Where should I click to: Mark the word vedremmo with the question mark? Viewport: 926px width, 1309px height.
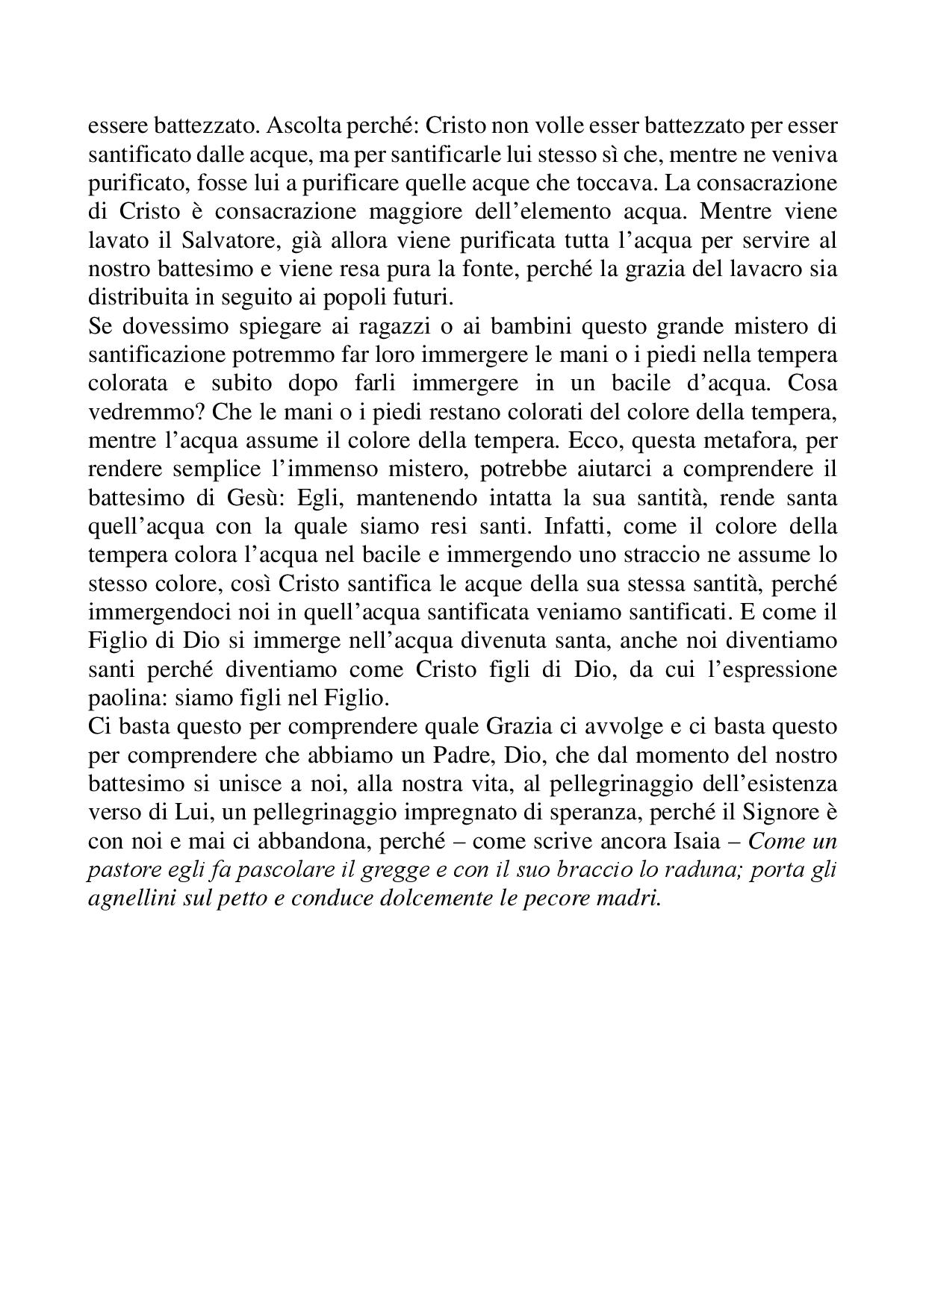point(142,412)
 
